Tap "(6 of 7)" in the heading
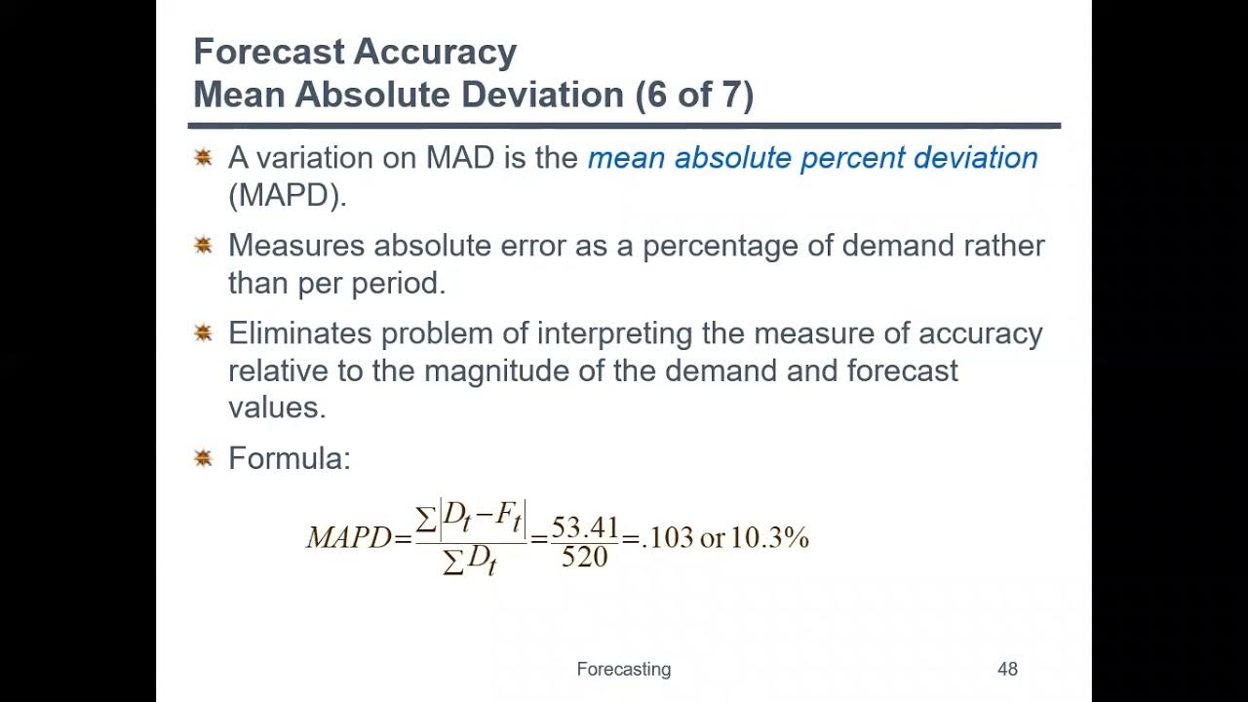693,95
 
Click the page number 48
1007,669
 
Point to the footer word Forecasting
623,669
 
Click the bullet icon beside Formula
203,457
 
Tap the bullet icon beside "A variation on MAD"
203,157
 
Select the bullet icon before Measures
203,245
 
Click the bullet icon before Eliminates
203,333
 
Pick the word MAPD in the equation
348,538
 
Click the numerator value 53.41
585,526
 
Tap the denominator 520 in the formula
585,557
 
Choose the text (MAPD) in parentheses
288,195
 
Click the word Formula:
289,458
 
